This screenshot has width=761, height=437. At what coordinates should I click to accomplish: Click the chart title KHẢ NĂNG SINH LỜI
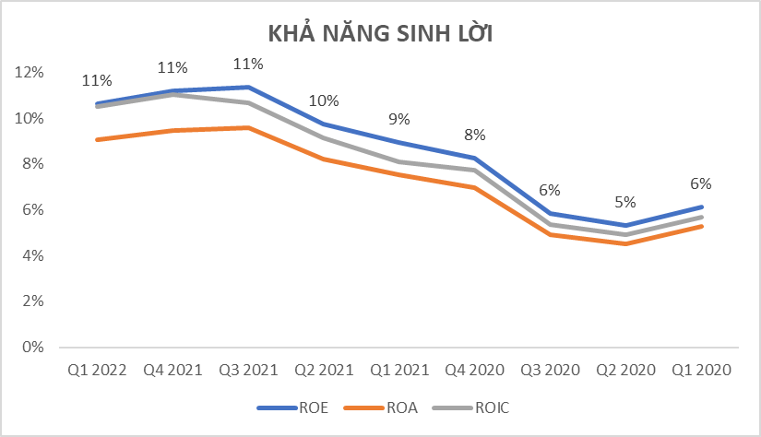click(x=380, y=34)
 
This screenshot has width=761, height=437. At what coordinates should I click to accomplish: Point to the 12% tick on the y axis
click(x=30, y=72)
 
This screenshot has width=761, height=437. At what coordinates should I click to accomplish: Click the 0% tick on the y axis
click(x=33, y=348)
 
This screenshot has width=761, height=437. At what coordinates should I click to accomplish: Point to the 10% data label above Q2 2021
click(x=324, y=101)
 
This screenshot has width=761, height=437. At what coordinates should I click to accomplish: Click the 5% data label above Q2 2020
click(x=625, y=203)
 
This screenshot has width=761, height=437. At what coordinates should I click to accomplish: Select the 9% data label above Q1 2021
click(x=399, y=119)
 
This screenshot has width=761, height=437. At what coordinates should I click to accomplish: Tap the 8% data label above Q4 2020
click(x=474, y=135)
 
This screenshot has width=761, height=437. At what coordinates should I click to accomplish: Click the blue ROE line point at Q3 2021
click(x=248, y=87)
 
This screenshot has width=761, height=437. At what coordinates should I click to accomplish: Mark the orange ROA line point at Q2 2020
click(x=625, y=243)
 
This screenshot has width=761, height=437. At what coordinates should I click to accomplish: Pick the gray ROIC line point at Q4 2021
click(x=172, y=94)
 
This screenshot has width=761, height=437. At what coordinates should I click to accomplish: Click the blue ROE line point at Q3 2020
click(x=550, y=213)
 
